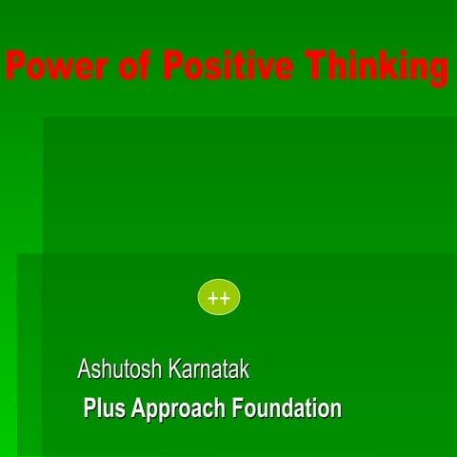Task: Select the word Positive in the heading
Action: click(228, 68)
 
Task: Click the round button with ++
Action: click(219, 298)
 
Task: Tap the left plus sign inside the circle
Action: click(213, 298)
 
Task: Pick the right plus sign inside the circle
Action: click(225, 298)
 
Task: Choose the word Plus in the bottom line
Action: click(105, 409)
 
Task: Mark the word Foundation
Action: click(288, 409)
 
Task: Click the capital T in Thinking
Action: click(316, 68)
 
